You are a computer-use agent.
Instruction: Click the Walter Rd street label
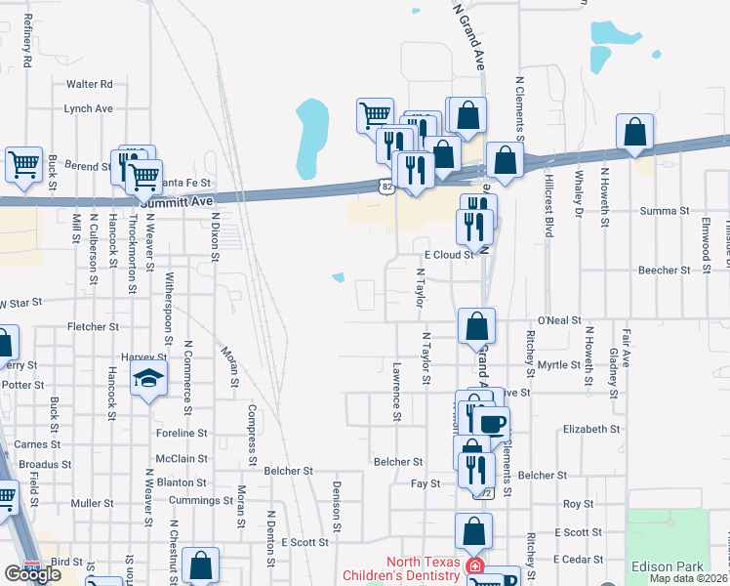pyautogui.click(x=90, y=85)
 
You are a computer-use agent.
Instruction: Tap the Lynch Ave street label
pyautogui.click(x=89, y=108)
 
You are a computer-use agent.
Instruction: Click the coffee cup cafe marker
pyautogui.click(x=492, y=423)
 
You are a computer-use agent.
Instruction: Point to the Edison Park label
pyautogui.click(x=667, y=566)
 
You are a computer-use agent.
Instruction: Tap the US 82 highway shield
pyautogui.click(x=385, y=185)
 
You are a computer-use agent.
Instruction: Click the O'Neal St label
pyautogui.click(x=559, y=319)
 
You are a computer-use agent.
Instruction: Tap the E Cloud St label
pyautogui.click(x=448, y=254)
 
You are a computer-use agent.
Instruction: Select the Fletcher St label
pyautogui.click(x=93, y=326)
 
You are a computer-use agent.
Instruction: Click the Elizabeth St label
pyautogui.click(x=591, y=429)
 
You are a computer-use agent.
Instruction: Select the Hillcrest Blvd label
pyautogui.click(x=548, y=207)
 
